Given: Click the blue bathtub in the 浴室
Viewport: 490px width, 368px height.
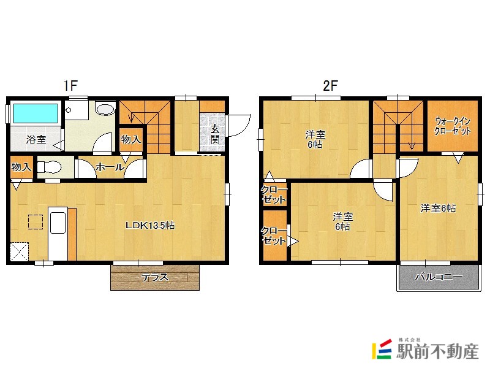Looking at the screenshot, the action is click(36, 113).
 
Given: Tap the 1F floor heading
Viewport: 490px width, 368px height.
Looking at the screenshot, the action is click(70, 85).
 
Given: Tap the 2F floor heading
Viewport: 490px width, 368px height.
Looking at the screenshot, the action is click(330, 85).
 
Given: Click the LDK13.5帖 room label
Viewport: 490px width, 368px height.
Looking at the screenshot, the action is click(150, 225).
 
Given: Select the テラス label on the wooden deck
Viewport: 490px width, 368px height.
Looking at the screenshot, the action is click(155, 277).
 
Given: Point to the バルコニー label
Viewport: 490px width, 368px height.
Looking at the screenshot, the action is click(439, 277).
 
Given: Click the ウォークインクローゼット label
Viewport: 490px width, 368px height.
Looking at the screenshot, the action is click(453, 126).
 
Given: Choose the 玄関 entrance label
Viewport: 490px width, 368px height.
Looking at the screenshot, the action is click(215, 134).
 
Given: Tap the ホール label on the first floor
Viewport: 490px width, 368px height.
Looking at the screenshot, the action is click(110, 167).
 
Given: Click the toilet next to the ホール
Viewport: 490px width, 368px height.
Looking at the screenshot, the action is click(48, 167).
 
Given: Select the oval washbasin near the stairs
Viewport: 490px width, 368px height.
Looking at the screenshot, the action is click(105, 109).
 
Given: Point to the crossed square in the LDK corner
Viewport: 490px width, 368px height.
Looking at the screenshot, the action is click(20, 251).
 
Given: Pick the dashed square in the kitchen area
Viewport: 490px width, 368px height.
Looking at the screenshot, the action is click(36, 222).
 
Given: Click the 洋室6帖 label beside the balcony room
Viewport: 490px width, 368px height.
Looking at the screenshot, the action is click(438, 208).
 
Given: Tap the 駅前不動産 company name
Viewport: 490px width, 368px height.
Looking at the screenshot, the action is click(438, 351).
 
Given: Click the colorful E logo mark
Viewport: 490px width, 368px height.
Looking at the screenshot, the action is click(382, 349).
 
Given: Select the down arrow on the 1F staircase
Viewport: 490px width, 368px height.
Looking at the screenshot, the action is click(131, 117).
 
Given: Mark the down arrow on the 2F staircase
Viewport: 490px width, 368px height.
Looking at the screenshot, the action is click(412, 145).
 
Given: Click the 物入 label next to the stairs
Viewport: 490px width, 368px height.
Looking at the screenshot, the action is click(131, 139).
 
